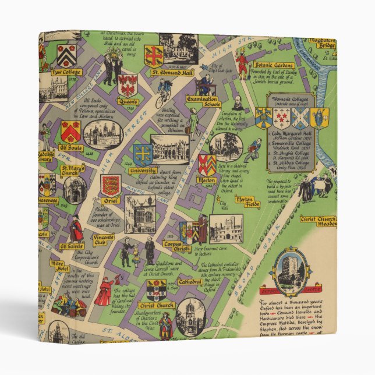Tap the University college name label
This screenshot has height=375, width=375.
pos(143,171)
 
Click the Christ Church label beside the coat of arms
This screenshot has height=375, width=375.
pos(155,305)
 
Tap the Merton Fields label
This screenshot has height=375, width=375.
pos(248,202)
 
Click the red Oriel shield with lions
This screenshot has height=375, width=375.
pos(111,185)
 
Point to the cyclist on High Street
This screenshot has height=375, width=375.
pos(162,96)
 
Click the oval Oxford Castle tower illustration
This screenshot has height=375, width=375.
pos(289,271)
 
